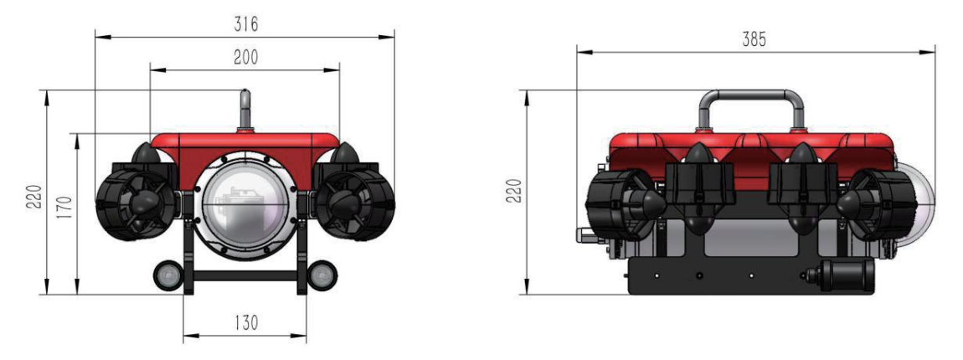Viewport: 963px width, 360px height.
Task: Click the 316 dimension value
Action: coord(245,24)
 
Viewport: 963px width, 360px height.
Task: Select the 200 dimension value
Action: coord(245,57)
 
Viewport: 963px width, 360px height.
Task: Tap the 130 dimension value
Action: coord(245,322)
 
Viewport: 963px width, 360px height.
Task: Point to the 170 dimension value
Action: coord(66,209)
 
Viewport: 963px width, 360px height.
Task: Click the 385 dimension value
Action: coord(754,39)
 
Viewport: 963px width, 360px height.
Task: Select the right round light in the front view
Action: coord(322,275)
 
